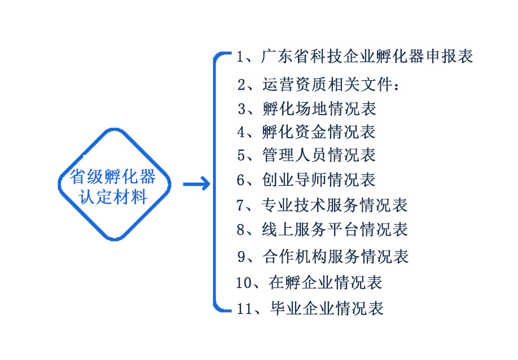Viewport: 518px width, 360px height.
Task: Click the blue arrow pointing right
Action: (196, 184)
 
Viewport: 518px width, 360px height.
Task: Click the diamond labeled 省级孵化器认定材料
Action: (114, 183)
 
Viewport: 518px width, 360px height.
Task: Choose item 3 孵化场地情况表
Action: (307, 108)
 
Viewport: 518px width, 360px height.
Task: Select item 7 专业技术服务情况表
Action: (322, 204)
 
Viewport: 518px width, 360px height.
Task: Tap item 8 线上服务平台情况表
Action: (322, 229)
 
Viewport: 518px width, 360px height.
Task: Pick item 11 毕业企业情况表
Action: (310, 308)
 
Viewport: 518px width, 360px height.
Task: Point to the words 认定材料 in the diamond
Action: (114, 197)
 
